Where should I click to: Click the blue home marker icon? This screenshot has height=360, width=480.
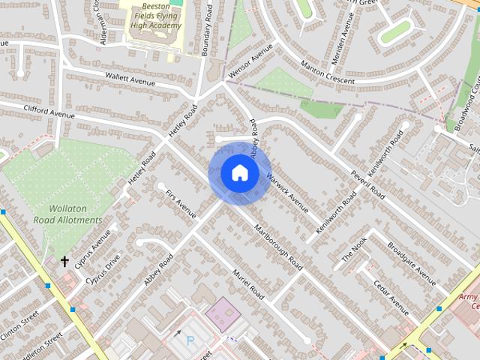(238, 173)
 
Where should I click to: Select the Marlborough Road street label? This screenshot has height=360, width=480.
(278, 247)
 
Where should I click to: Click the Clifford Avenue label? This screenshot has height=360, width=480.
(49, 112)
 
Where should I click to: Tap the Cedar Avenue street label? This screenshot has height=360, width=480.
(391, 298)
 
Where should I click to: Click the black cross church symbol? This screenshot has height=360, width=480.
(65, 262)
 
